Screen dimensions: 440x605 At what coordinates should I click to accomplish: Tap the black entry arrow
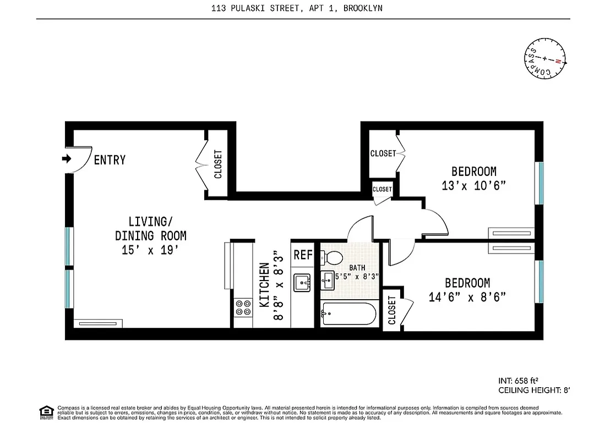[67, 159]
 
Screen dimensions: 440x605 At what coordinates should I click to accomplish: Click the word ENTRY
[110, 160]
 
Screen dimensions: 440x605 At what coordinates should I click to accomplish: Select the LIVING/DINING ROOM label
[150, 229]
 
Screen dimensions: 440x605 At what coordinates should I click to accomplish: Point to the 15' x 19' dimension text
[150, 250]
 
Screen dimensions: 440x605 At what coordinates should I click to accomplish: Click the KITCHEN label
[265, 285]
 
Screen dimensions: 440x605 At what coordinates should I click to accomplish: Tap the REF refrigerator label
[302, 255]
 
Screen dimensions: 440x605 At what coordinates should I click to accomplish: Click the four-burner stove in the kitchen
[242, 307]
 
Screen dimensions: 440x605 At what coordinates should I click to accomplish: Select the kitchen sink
[302, 283]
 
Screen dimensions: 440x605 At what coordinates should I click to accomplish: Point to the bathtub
[348, 314]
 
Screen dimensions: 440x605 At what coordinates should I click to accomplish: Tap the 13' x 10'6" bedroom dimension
[473, 185]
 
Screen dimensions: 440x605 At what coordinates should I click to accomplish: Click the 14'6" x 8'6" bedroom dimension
[467, 297]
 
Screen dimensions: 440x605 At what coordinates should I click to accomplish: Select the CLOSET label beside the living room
[218, 164]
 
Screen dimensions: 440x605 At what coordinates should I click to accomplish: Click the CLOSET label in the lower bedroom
[392, 311]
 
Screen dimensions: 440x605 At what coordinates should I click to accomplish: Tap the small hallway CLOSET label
[382, 189]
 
